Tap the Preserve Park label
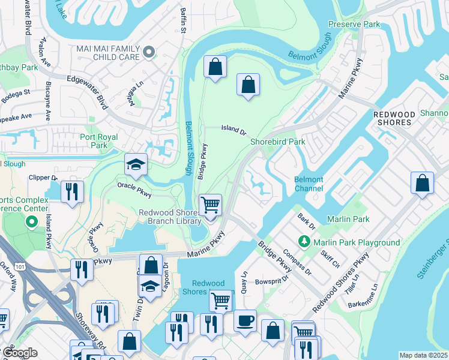[x=354, y=25]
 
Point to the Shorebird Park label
[x=278, y=142]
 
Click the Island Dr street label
[x=234, y=129]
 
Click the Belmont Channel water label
[x=309, y=184]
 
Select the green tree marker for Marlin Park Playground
[x=305, y=242]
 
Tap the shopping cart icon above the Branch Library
[x=210, y=205]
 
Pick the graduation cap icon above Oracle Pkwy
[x=136, y=164]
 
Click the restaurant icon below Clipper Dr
[x=72, y=192]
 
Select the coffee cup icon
[x=244, y=320]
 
